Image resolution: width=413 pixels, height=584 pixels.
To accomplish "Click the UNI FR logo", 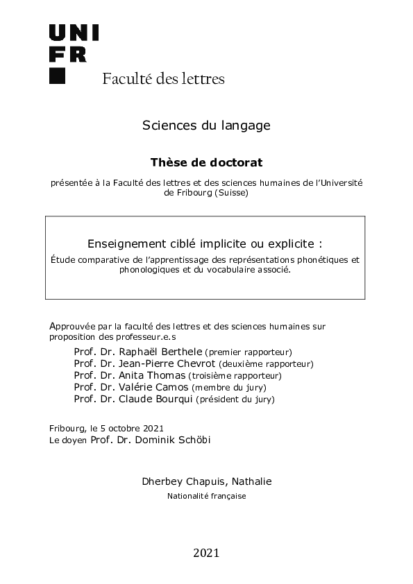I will coord(74,43).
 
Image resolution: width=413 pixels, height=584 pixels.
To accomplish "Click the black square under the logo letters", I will coord(57,76).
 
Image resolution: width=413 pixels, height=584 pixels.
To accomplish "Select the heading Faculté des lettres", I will coord(163,78).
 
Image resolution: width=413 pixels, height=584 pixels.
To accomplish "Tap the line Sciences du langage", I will coord(206,126).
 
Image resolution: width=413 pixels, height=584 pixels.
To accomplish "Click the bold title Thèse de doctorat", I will coord(206,162).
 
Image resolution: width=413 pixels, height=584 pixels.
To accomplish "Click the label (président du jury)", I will coord(235,400).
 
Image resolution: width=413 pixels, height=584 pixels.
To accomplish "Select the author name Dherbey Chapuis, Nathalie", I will coord(206,481).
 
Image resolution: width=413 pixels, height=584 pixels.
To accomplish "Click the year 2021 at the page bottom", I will coord(206,553).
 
